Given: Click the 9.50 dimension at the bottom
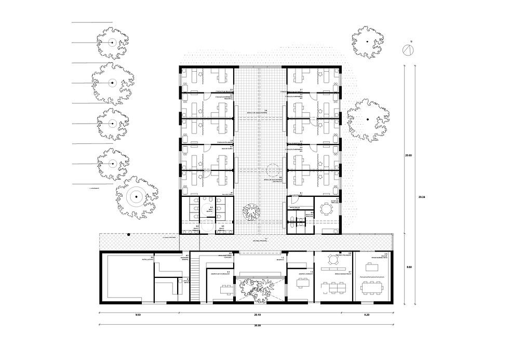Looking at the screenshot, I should pos(138,315).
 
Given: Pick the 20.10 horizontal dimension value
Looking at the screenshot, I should pos(259,315).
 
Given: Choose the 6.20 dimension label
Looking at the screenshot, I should pos(367,315).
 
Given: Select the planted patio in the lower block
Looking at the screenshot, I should pos(258,288).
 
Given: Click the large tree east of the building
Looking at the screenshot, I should pos(367,120).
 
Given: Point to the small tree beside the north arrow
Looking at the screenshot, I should pos(367,41).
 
